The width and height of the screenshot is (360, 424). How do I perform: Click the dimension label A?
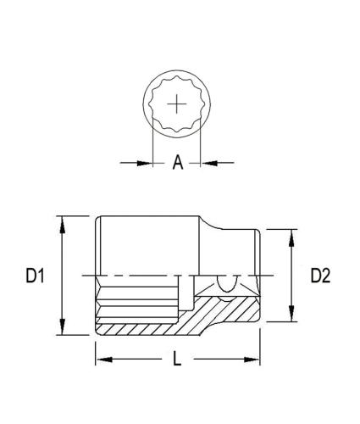(x=178, y=163)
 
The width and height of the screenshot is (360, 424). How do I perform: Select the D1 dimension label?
(x=34, y=276)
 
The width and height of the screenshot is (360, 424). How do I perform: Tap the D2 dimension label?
(x=319, y=276)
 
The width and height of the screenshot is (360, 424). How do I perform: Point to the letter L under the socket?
(x=177, y=359)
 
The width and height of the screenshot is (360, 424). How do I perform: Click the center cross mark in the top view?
(x=177, y=104)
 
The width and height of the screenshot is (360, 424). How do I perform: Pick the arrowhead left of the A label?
(x=146, y=162)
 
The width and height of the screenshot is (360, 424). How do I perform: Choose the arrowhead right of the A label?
(x=208, y=162)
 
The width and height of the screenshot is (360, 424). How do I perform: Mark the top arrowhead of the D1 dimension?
(x=62, y=221)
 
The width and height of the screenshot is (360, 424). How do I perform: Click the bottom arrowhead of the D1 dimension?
(x=62, y=332)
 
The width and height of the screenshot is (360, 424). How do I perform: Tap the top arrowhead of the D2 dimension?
(x=292, y=235)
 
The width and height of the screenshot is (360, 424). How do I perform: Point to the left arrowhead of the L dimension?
(x=102, y=360)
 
